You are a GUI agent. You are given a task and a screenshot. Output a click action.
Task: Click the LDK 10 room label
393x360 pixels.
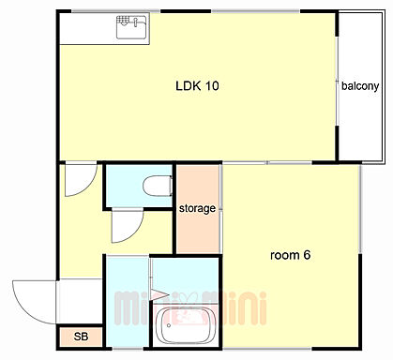tap(197, 85)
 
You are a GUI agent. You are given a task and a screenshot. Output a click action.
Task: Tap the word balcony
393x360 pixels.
tap(360, 86)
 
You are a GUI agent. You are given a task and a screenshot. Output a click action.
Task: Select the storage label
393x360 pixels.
tap(197, 208)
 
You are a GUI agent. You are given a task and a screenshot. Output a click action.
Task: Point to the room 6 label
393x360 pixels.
tap(290, 255)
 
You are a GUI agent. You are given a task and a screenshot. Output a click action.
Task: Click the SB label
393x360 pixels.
tap(81, 337)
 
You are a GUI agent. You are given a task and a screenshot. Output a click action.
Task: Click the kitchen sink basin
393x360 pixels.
tap(131, 27)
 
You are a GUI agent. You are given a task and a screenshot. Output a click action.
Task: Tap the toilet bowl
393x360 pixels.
tap(158, 186)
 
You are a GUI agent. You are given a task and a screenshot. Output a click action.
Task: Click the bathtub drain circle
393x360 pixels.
tap(169, 325)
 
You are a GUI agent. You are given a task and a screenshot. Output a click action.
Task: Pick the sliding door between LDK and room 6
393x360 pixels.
tap(267, 163)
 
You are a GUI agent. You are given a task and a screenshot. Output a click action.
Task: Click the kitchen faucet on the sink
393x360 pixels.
tap(136, 22)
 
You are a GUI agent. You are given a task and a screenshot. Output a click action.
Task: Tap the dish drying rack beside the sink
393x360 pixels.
tap(122, 21)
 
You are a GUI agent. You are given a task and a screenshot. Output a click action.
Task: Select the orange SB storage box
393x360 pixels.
tap(81, 337)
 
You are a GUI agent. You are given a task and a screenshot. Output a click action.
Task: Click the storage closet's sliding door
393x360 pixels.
tap(221, 209)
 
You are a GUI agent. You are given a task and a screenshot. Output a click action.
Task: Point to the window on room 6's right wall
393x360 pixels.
tap(360, 209)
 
